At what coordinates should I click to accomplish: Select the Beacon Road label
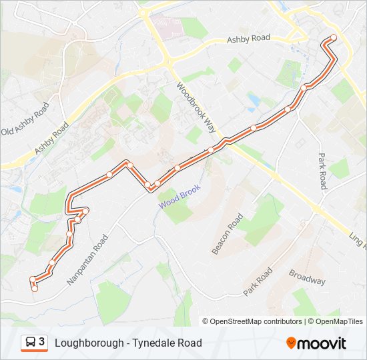(228, 234)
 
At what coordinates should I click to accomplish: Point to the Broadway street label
(307, 277)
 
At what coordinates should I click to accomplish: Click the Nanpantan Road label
(87, 260)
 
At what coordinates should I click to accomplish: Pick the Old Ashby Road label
(26, 119)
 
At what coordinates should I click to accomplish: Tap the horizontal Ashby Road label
(248, 39)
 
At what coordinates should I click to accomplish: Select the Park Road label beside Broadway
(258, 282)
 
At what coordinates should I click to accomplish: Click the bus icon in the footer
(30, 343)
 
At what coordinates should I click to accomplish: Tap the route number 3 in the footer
(42, 342)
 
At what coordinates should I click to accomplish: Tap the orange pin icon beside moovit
(291, 343)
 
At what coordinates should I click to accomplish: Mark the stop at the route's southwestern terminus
(35, 289)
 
